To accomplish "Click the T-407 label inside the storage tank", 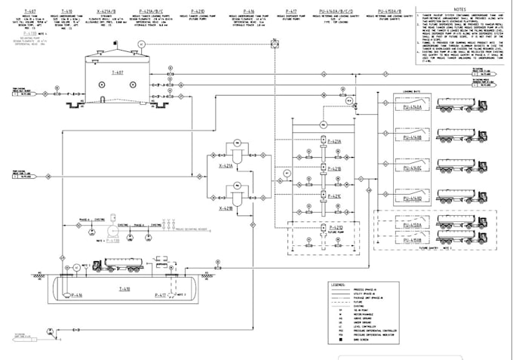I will pos(115,72).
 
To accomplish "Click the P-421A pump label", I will pos(334,141).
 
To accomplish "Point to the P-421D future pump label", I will pos(334,226).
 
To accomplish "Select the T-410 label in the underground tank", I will pos(123,288).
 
